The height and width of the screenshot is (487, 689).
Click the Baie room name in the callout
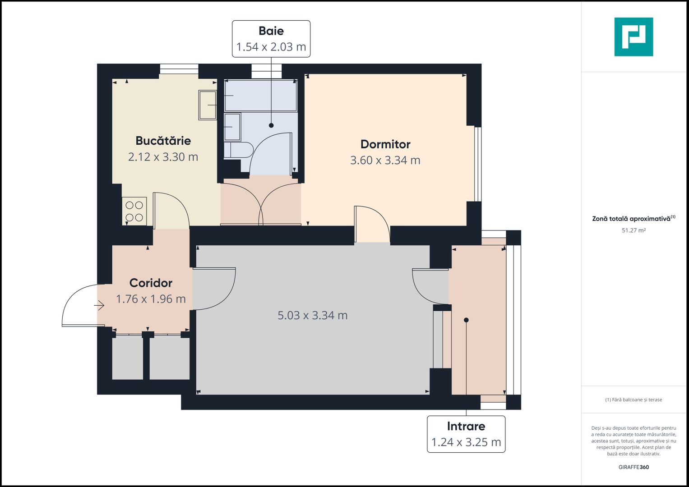[271, 31]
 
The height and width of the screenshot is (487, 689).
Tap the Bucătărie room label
[163, 141]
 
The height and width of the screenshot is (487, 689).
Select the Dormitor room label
[385, 144]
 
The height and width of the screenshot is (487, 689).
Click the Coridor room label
[151, 283]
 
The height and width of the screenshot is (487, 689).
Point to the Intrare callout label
[466, 426]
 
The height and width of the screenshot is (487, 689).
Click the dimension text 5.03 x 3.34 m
[312, 315]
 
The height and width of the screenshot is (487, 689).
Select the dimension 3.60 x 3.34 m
[385, 160]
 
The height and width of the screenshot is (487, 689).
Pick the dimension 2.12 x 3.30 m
[163, 157]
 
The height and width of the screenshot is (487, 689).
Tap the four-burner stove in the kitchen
[134, 211]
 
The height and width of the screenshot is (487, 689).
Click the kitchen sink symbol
[207, 105]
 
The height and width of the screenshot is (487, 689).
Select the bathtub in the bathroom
[261, 96]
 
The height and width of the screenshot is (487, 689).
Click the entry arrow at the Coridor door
[99, 306]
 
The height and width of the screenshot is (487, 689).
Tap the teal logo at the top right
[634, 37]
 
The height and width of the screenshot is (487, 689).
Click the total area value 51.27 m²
[634, 230]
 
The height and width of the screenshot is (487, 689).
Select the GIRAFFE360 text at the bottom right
[634, 467]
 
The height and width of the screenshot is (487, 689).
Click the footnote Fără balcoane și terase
[634, 400]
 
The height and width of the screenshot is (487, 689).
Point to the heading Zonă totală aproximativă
[631, 219]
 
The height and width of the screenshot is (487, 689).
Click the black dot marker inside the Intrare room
[466, 320]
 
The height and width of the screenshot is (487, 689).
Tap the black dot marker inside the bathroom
[271, 125]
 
